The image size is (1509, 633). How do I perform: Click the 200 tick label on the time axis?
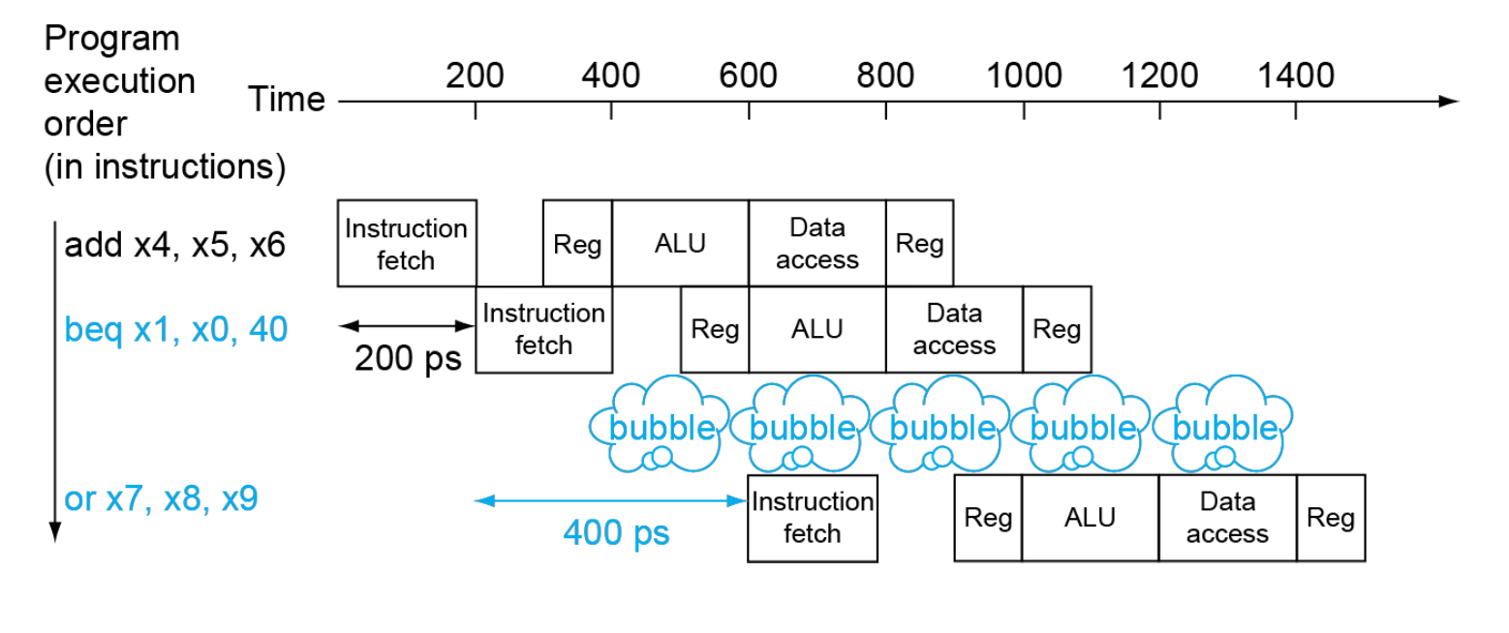coord(475,75)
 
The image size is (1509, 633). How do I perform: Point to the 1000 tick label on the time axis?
coord(1024,75)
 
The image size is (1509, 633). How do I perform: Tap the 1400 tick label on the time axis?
coord(1296,75)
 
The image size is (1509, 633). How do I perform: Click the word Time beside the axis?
coord(287,99)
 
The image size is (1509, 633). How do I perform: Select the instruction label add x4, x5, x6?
coord(174,245)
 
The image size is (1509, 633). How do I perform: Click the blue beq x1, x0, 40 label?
coord(176,330)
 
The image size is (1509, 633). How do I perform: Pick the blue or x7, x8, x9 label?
coord(161,499)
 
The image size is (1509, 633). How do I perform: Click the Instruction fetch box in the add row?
coord(407,243)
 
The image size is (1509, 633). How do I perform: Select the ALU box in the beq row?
coord(817,329)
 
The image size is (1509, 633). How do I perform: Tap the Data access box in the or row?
coord(1227,518)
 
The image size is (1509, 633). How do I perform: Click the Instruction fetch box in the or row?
coord(813,519)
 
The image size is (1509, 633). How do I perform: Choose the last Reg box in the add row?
coord(919,243)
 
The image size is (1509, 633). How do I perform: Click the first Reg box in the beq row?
coord(715,329)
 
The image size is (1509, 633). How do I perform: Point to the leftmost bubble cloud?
coord(660,424)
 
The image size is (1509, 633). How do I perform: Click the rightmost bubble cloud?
coord(1222,424)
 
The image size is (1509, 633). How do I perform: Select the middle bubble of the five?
coord(941,424)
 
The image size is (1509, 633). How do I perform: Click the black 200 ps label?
coord(408,358)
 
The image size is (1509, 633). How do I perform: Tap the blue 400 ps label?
coord(616,532)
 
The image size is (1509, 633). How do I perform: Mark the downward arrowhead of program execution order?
coord(55,532)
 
